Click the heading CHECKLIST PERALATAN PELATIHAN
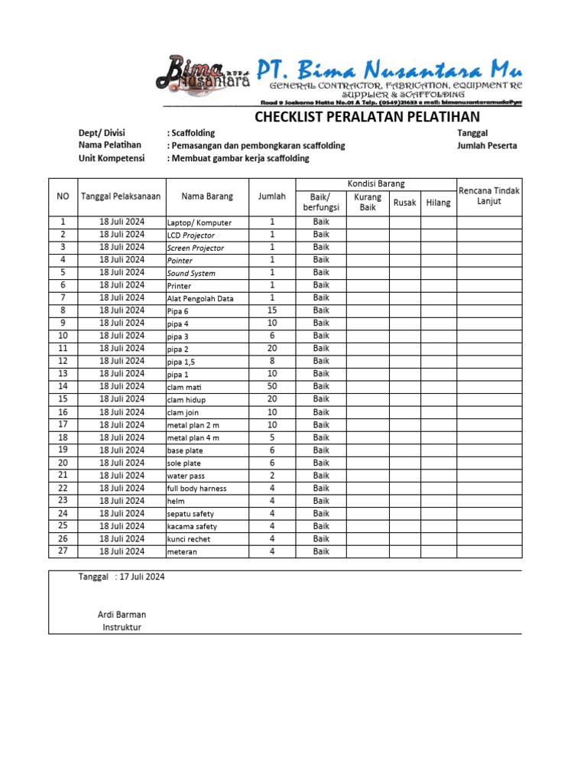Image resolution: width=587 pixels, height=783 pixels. [367, 117]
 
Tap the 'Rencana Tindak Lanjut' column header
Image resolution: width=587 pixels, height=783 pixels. [489, 196]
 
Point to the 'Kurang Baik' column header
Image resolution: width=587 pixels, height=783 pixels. [368, 202]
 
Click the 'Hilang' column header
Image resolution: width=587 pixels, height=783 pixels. [438, 203]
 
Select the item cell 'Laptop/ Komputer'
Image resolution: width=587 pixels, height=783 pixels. [199, 223]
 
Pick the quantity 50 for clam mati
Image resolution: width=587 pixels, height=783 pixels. [272, 387]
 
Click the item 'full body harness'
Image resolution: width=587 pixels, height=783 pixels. [196, 489]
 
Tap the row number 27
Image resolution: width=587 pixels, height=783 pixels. [63, 551]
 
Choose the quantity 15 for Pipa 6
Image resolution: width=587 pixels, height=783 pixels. [272, 310]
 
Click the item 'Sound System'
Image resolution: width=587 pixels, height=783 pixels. [191, 273]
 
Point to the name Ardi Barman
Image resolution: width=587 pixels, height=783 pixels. [122, 615]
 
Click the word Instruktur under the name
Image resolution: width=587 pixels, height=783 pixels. [122, 628]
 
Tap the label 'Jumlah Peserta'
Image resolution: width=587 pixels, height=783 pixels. [487, 145]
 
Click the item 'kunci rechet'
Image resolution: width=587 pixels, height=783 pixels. [189, 539]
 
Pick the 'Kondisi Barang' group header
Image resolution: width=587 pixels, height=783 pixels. [377, 184]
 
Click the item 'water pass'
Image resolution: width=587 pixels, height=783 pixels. [186, 476]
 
